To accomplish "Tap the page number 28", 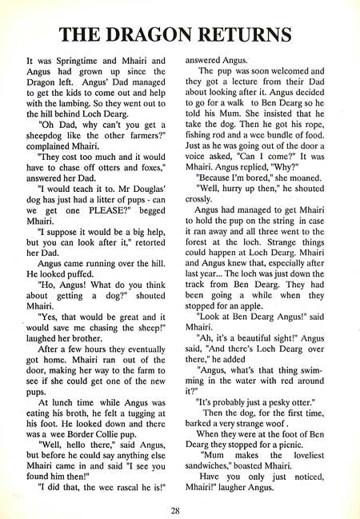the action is coord(179,509).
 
